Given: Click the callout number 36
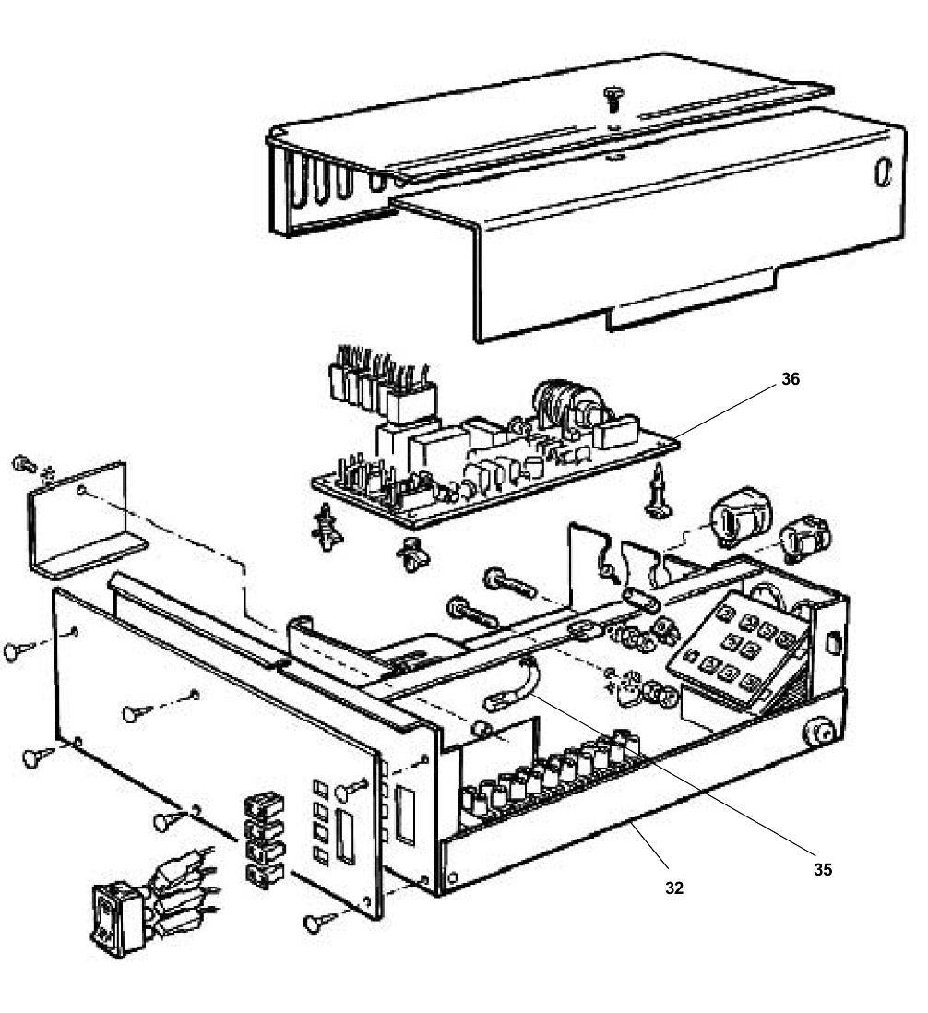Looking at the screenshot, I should pos(790,379).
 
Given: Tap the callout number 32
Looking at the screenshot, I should pos(674,888).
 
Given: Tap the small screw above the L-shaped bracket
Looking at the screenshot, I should pos(26,463).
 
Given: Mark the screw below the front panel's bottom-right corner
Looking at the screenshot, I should pos(318,921).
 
